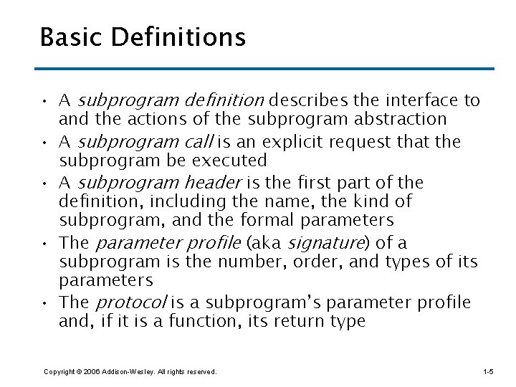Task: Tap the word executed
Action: point(231,159)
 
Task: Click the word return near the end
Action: point(297,321)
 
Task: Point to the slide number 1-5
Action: point(488,372)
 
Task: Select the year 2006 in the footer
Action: point(91,372)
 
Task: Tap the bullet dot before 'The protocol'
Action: point(45,302)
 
